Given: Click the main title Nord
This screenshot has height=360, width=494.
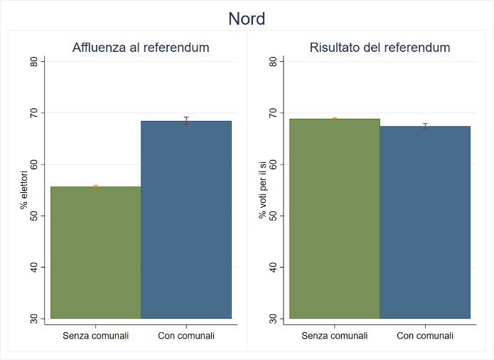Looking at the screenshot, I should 247,18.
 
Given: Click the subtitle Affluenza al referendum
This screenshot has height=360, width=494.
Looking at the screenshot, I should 141,48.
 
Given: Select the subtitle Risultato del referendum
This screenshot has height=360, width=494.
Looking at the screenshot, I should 380,48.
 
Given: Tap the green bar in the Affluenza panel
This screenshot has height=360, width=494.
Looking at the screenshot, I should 96,252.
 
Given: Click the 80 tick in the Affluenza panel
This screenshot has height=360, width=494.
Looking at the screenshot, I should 33,62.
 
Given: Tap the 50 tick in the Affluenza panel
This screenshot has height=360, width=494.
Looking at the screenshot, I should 33,216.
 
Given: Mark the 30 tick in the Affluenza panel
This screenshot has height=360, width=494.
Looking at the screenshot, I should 33,319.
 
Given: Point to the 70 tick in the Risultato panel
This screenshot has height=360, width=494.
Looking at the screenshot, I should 272,113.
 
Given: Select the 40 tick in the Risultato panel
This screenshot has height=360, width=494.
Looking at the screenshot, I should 272,268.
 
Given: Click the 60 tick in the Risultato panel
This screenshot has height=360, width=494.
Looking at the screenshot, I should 272,164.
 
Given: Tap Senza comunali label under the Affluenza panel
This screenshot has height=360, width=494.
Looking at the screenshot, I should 96,336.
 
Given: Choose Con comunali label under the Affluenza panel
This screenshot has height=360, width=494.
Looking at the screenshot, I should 186,336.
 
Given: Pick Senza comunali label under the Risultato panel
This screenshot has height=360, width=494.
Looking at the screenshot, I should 335,336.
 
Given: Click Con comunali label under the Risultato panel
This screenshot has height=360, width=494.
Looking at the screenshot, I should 425,336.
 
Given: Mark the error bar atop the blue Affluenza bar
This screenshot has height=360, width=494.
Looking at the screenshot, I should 186,120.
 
